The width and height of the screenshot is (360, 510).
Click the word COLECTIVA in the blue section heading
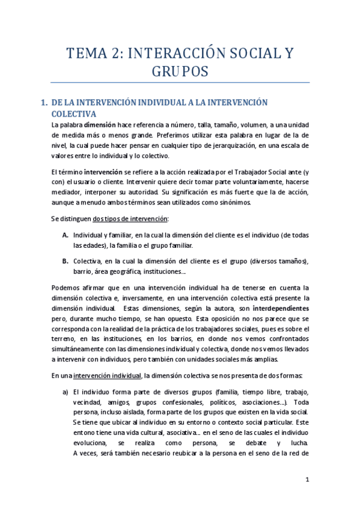click(x=74, y=113)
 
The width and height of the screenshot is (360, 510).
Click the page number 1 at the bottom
click(x=307, y=479)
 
